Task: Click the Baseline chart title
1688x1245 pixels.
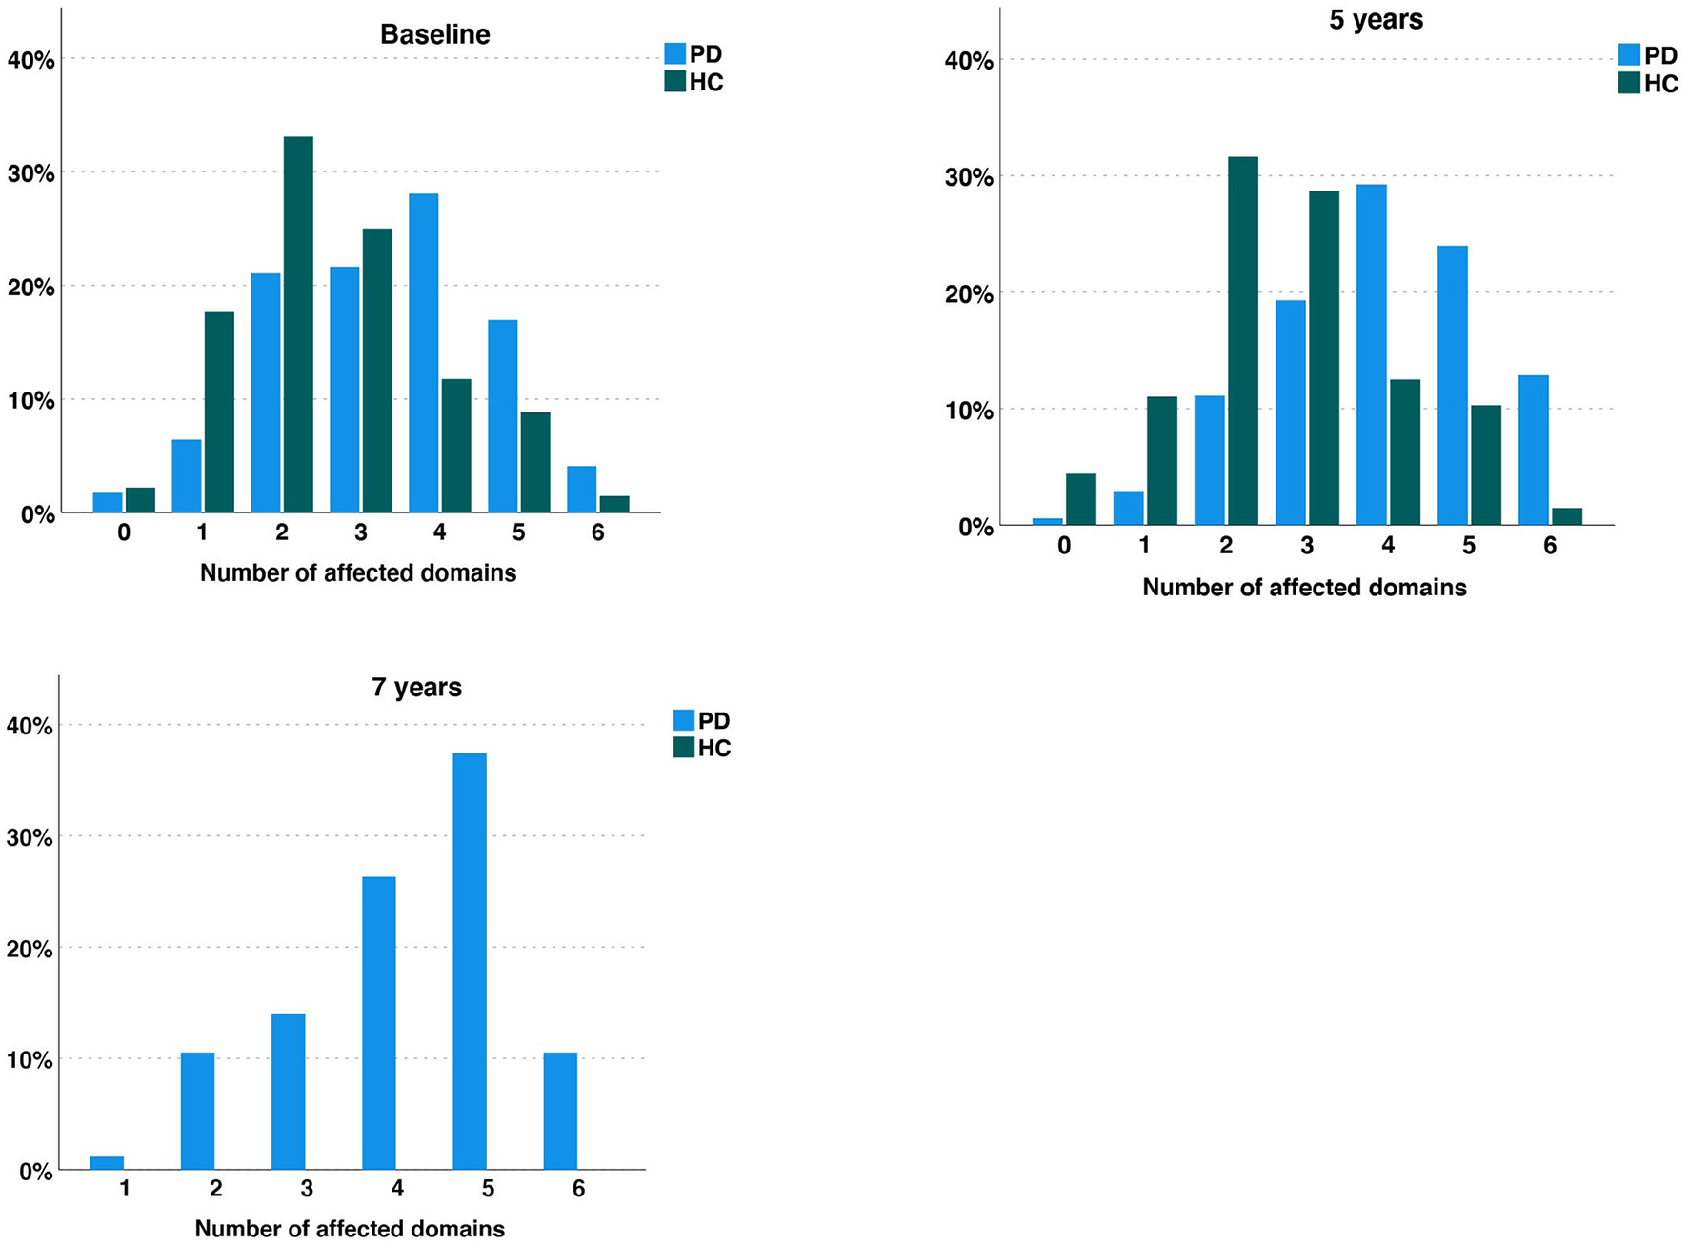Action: point(434,34)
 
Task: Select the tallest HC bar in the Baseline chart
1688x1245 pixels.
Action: point(298,324)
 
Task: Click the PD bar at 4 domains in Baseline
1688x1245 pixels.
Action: point(423,352)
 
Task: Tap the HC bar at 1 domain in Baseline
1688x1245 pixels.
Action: point(219,412)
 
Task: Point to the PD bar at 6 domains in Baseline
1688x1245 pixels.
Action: point(581,490)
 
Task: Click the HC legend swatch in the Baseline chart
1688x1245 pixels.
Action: point(674,82)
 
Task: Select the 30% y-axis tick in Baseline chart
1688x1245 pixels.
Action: point(30,173)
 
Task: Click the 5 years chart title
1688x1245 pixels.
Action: point(1376,20)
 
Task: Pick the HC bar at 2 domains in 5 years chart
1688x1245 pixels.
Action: point(1242,341)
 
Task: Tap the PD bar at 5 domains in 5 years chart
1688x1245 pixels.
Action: point(1452,385)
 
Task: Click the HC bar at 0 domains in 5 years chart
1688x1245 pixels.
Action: point(1080,499)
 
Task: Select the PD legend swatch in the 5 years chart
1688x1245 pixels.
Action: point(1629,55)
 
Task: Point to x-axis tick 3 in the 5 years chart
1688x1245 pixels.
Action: point(1307,546)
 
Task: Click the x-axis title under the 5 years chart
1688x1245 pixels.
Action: point(1304,587)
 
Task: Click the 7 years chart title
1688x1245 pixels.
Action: point(416,687)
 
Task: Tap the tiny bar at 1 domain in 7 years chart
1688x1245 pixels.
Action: point(107,1163)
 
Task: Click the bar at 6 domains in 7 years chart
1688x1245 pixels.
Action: point(560,1111)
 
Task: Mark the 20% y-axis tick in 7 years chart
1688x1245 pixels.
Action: point(30,949)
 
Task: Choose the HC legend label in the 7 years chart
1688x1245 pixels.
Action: point(713,748)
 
